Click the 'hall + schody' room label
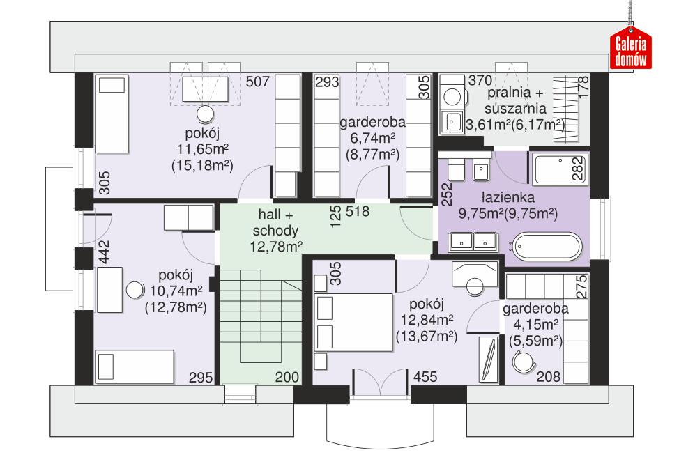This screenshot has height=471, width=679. click(x=275, y=231)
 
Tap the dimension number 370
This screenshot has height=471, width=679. click(x=480, y=82)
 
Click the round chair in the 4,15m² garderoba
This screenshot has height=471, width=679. click(x=522, y=360)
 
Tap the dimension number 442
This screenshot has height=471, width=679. click(x=105, y=251)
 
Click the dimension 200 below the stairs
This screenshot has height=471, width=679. click(x=287, y=377)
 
